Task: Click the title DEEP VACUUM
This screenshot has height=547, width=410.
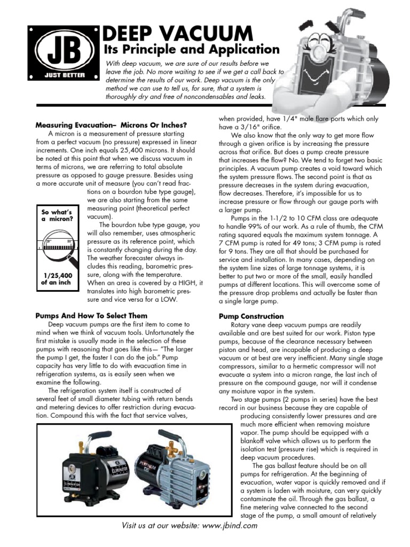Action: (x=178, y=33)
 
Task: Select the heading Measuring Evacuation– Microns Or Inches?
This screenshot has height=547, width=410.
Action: (x=111, y=125)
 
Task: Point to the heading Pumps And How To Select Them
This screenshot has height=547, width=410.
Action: (x=92, y=316)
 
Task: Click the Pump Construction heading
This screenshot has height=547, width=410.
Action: (x=251, y=316)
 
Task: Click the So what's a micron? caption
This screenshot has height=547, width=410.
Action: (x=56, y=216)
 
